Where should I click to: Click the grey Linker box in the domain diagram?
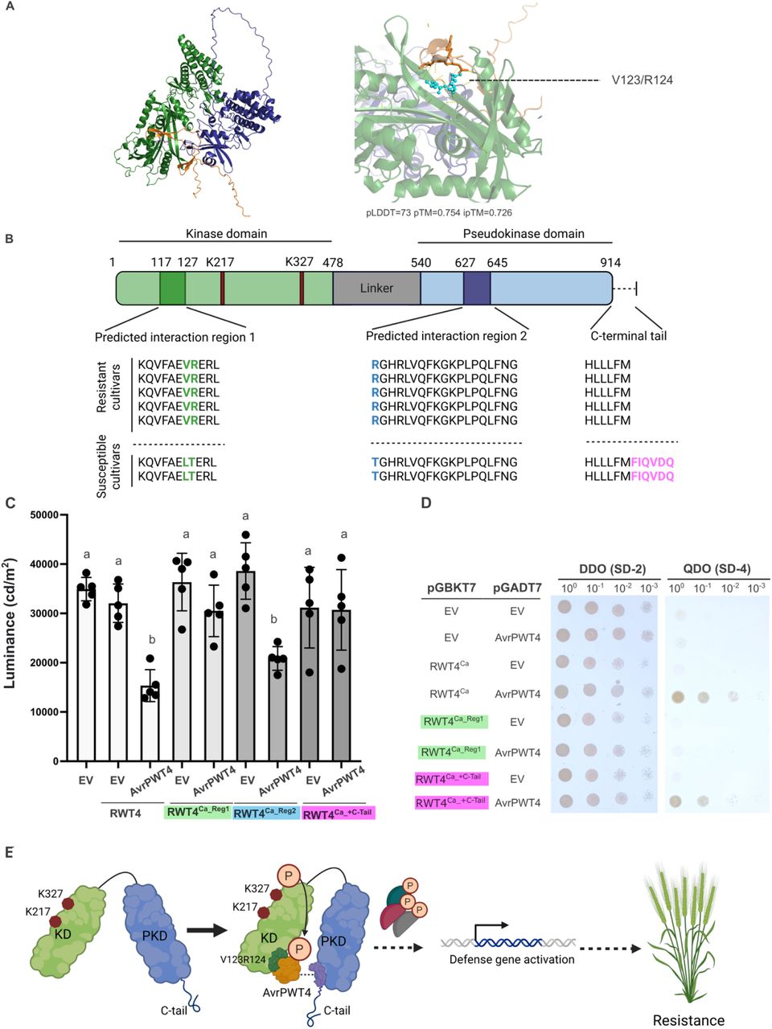pos(376,288)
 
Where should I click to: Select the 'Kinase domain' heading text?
pos(225,233)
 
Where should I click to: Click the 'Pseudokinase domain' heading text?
pos(524,233)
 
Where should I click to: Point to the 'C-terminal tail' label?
pos(629,336)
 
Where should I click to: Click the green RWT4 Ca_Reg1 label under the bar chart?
pos(197,813)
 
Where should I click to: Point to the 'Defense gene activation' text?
pos(511,959)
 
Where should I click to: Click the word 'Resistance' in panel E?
pos(688,1020)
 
